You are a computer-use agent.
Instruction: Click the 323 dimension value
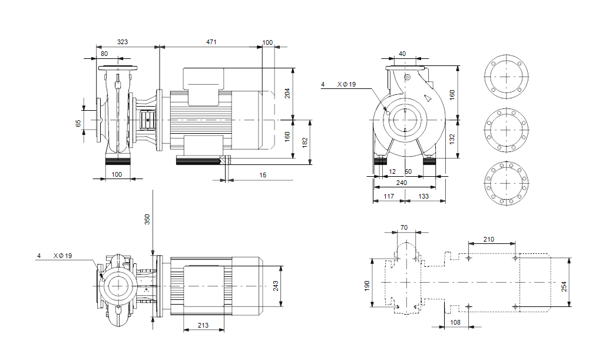(123, 42)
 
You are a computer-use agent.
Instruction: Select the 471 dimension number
(211, 42)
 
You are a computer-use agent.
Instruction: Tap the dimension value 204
(287, 92)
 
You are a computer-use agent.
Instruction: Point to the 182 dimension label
(304, 143)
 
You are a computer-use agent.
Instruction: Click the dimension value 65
(78, 123)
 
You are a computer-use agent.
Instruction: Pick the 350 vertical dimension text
(147, 219)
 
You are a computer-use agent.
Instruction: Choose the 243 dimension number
(276, 286)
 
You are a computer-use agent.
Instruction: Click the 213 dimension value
(203, 325)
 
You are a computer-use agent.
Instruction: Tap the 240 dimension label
(401, 183)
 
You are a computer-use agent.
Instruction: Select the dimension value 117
(388, 196)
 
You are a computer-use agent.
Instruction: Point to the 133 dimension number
(423, 196)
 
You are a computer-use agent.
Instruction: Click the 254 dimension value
(564, 286)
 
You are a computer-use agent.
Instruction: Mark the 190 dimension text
(366, 286)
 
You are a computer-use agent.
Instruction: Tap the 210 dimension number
(488, 239)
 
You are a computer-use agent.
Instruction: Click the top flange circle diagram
(505, 77)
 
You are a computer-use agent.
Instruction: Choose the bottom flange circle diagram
(505, 182)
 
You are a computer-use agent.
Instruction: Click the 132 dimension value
(452, 139)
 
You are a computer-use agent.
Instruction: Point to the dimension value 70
(404, 227)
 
